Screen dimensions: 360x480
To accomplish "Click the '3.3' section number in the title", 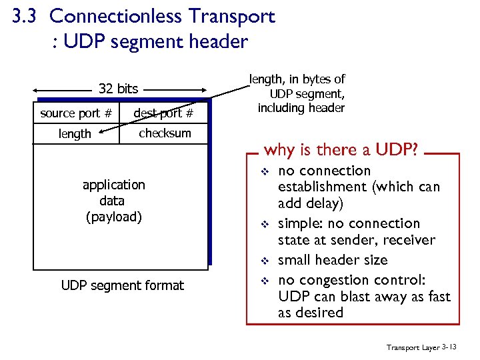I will pyautogui.click(x=25, y=16).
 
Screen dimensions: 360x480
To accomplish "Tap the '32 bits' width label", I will pyautogui.click(x=118, y=89).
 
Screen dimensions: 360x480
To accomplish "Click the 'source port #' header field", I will pyautogui.click(x=75, y=113).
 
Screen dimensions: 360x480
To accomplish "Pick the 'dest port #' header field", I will pyautogui.click(x=163, y=113).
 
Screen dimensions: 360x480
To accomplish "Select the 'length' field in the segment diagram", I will pyautogui.click(x=75, y=134).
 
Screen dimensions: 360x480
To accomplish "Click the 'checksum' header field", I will pyautogui.click(x=165, y=133).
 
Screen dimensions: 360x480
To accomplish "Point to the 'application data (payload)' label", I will pyautogui.click(x=113, y=200).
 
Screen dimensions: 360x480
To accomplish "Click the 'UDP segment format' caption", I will pyautogui.click(x=122, y=285).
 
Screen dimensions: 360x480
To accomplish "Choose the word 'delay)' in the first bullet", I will pyautogui.click(x=326, y=203).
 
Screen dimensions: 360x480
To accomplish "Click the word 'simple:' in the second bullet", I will pyautogui.click(x=301, y=223).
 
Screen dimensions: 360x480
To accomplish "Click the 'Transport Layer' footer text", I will pyautogui.click(x=411, y=347).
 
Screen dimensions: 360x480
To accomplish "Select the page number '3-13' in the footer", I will pyautogui.click(x=450, y=347).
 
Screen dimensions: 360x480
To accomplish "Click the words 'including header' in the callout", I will pyautogui.click(x=301, y=108).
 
